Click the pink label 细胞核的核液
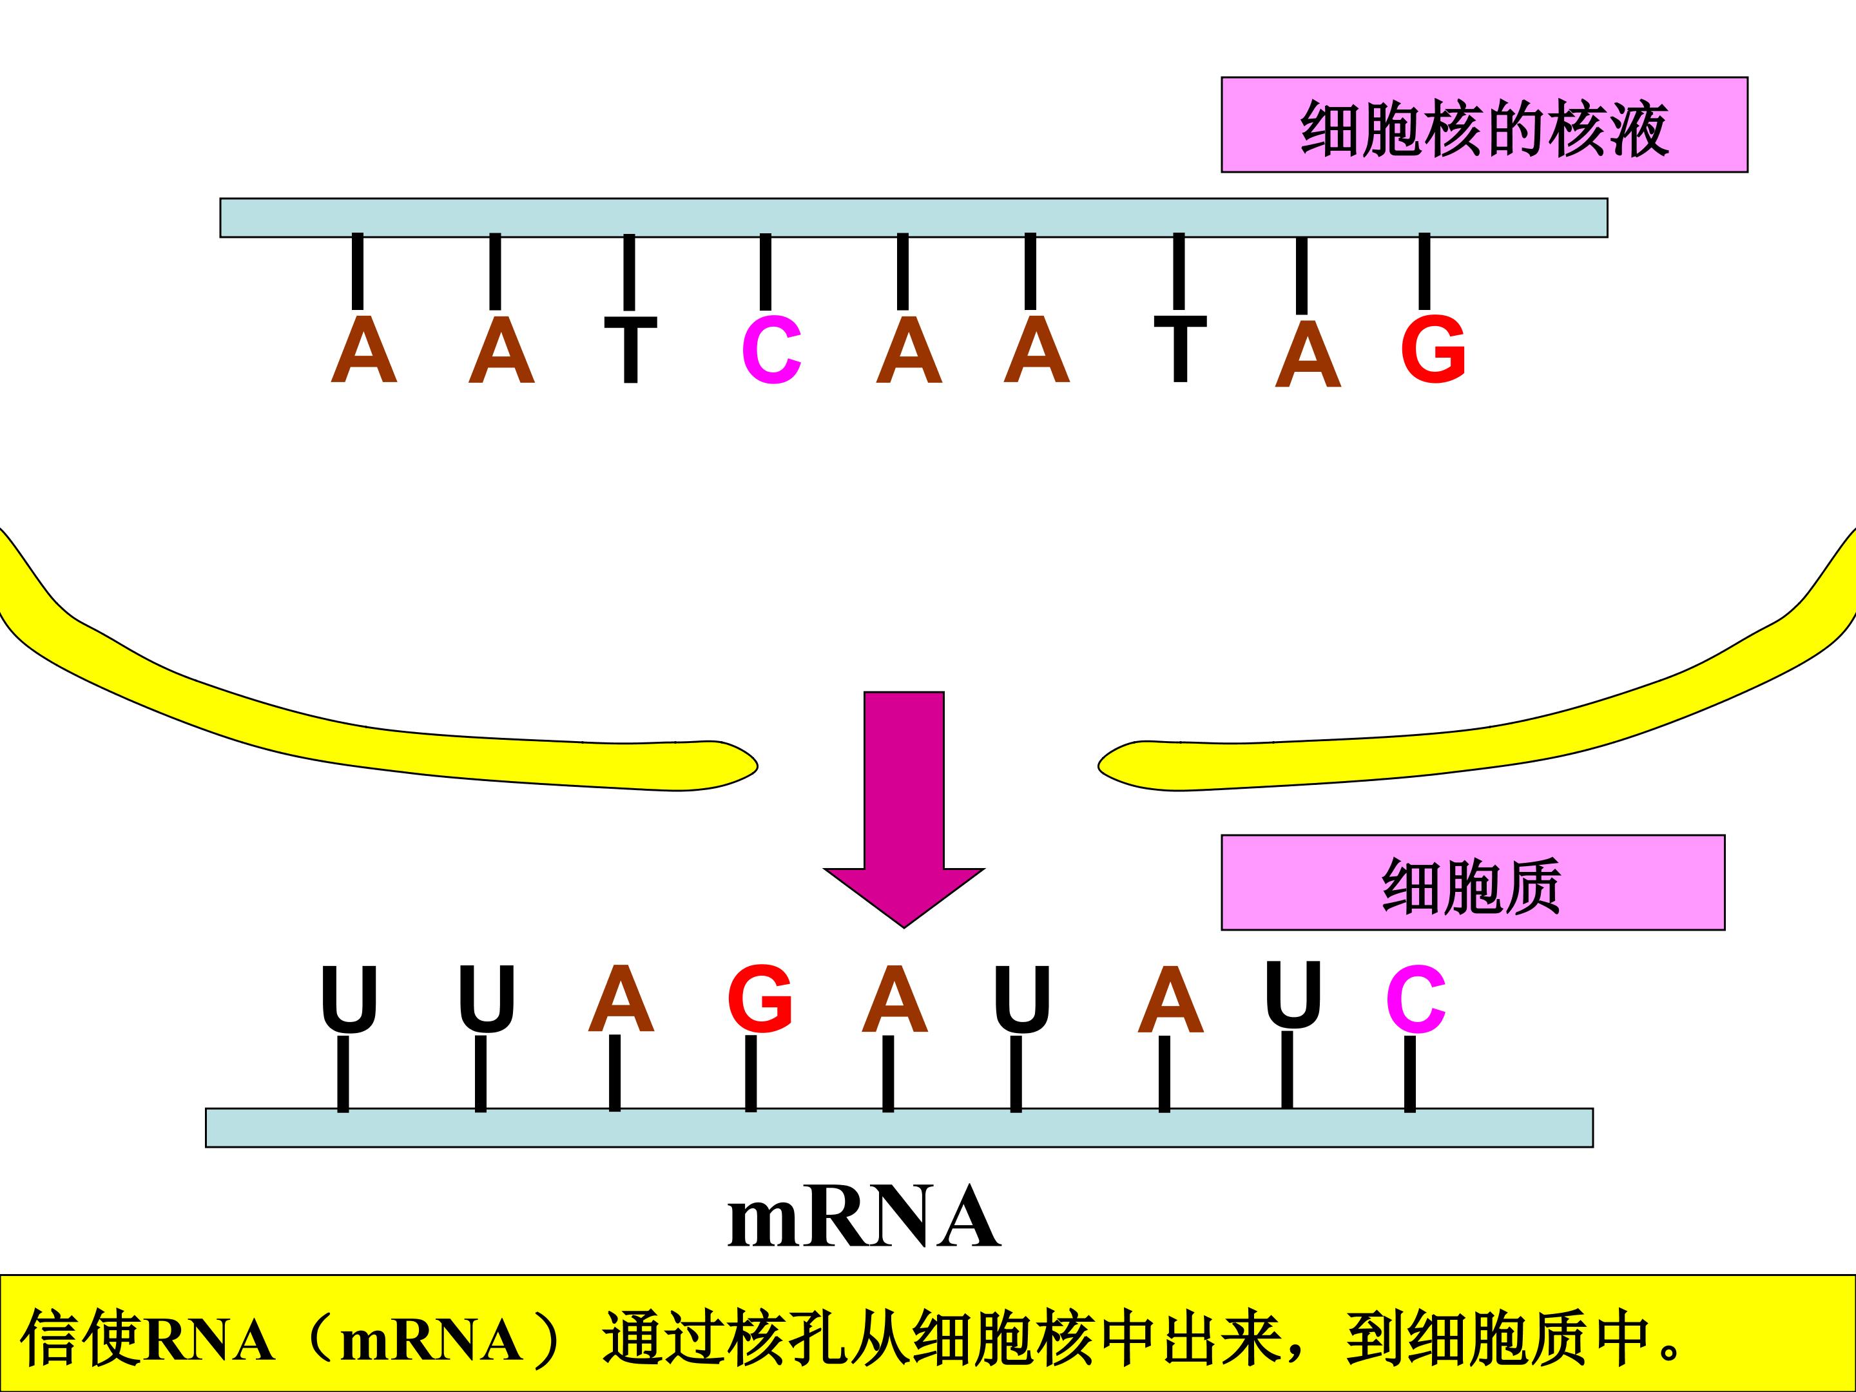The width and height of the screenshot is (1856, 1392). [x=1484, y=125]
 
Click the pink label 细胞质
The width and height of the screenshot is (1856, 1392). [x=1473, y=883]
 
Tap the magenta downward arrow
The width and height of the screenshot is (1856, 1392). [x=904, y=809]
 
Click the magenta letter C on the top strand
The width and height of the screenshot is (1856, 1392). [x=771, y=350]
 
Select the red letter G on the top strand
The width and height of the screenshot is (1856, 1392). [x=1433, y=349]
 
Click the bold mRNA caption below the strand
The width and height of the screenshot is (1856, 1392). [x=864, y=1217]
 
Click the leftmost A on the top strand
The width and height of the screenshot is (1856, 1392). [x=363, y=350]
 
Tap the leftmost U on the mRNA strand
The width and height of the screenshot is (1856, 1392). [x=349, y=1000]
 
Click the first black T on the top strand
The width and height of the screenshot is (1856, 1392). [x=631, y=350]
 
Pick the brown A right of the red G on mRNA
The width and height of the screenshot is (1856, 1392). [x=895, y=998]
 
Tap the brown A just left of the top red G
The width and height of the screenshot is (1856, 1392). [x=1308, y=354]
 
